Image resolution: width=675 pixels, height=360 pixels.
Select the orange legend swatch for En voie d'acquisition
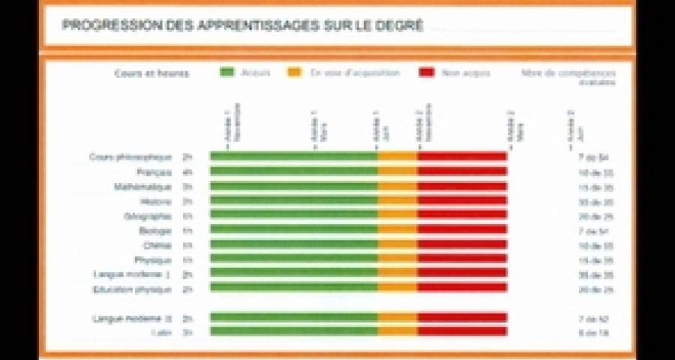294,73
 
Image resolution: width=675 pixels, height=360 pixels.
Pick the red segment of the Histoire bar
462,201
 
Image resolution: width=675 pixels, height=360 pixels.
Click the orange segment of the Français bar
397,172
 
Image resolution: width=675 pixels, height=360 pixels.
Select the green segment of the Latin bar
292,331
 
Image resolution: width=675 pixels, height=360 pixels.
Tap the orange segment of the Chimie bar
397,244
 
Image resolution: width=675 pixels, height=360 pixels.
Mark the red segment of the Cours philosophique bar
462,157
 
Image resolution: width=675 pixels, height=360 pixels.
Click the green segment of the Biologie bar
292,229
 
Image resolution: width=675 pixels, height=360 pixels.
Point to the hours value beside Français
187,172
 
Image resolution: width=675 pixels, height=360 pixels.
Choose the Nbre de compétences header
568,73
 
